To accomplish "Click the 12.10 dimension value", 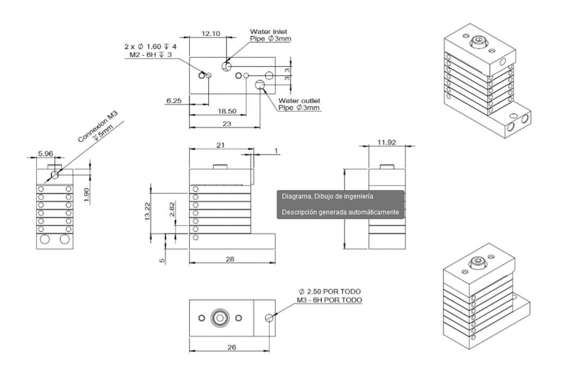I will [x=210, y=33].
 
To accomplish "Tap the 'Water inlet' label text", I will [x=268, y=32].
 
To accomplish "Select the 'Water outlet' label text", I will [x=300, y=101].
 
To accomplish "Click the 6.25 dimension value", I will [x=174, y=100].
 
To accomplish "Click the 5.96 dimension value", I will [x=45, y=154].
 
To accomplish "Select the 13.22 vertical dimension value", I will [x=148, y=213].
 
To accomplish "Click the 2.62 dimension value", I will [x=172, y=210].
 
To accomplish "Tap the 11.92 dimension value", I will [x=387, y=142].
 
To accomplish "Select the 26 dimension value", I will [x=232, y=347].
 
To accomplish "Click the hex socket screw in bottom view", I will [x=219, y=318].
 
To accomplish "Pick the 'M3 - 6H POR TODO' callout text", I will [x=329, y=300].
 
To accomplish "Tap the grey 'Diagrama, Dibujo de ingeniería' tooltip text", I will [x=328, y=196].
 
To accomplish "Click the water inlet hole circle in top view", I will [x=227, y=66].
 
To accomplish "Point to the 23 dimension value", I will [x=226, y=124].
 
